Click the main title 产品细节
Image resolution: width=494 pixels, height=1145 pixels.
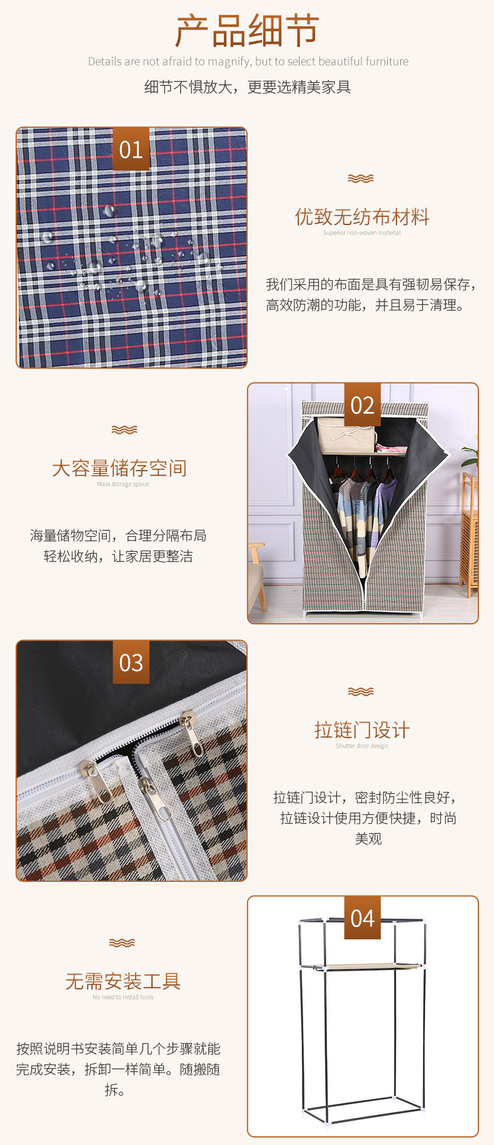pyautogui.click(x=247, y=31)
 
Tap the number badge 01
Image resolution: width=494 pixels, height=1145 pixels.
pyautogui.click(x=131, y=149)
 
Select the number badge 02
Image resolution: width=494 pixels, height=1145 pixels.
pyautogui.click(x=362, y=406)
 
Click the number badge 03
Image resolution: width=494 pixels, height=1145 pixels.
pyautogui.click(x=131, y=662)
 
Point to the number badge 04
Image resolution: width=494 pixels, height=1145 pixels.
pyautogui.click(x=362, y=919)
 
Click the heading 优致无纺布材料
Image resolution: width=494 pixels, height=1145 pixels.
pyautogui.click(x=362, y=217)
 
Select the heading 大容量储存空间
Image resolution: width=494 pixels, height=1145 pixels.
pyautogui.click(x=119, y=468)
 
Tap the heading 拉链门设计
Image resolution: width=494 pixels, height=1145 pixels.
pyautogui.click(x=362, y=730)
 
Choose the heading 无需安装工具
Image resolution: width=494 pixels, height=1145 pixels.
pyautogui.click(x=123, y=981)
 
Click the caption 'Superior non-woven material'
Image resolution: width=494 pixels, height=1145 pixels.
pyautogui.click(x=362, y=233)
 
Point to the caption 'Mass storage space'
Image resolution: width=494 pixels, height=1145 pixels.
pyautogui.click(x=123, y=484)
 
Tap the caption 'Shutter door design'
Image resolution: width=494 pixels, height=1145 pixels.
pyautogui.click(x=362, y=746)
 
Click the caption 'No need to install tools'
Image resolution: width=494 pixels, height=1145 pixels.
pyautogui.click(x=123, y=997)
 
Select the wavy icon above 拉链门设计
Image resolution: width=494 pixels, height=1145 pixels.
pyautogui.click(x=361, y=691)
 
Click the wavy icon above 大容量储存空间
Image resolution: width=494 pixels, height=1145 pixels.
pyautogui.click(x=124, y=429)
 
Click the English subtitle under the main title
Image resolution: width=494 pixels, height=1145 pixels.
pyautogui.click(x=248, y=61)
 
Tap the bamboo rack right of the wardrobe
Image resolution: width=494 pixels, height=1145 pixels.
pyautogui.click(x=469, y=537)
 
